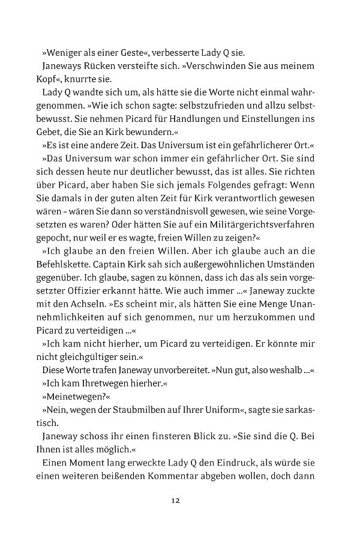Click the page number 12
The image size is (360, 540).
pos(175,500)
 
